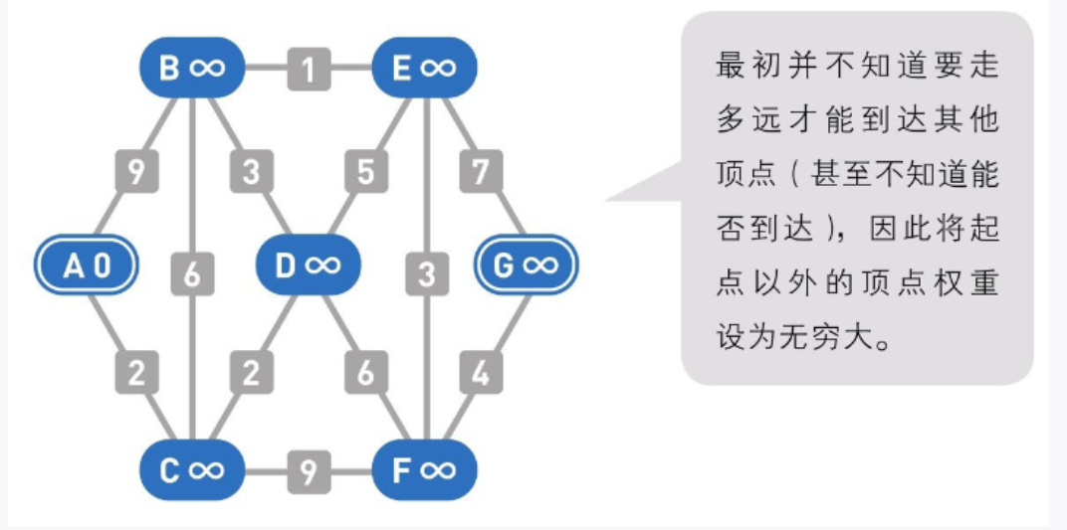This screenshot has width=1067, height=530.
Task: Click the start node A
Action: click(x=87, y=266)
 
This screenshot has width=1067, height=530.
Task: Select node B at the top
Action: click(x=192, y=69)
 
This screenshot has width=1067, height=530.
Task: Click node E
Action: click(x=424, y=69)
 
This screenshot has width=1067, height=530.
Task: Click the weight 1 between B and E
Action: click(x=309, y=70)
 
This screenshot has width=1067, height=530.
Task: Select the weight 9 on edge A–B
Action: click(x=137, y=171)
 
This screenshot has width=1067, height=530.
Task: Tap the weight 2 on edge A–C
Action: click(x=137, y=373)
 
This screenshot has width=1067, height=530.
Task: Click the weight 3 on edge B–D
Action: click(x=252, y=171)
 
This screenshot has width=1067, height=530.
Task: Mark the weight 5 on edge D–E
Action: click(x=365, y=171)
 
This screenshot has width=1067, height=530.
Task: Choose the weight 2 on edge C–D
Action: click(x=252, y=373)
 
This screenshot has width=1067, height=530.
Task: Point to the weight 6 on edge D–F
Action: click(x=365, y=373)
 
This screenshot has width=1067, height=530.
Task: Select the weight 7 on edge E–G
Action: click(x=481, y=171)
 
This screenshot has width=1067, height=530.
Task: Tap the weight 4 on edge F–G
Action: click(x=481, y=373)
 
